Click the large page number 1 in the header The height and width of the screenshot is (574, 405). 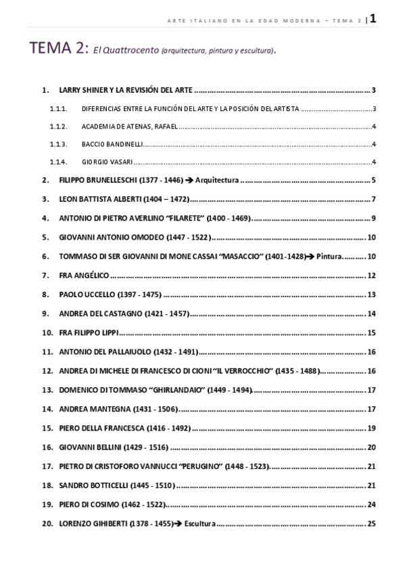[373, 18]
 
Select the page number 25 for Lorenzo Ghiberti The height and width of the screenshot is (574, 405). [371, 524]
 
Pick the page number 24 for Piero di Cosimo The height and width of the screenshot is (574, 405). [371, 505]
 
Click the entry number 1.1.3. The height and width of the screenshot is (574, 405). [58, 144]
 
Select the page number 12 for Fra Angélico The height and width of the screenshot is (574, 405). [371, 275]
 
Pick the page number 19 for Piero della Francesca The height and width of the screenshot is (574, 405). [371, 428]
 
